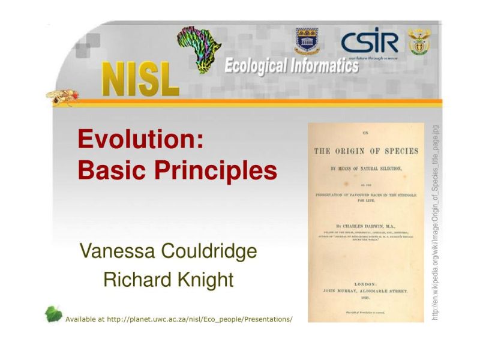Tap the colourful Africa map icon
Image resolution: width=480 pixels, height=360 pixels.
tap(200, 48)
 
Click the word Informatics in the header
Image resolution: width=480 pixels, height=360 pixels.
tap(325, 65)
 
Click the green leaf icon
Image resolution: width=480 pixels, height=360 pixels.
tap(54, 314)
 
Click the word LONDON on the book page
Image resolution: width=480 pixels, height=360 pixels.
tap(367, 284)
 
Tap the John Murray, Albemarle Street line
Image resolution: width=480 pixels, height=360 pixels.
tap(366, 291)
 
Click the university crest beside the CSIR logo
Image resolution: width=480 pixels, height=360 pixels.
tap(307, 41)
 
